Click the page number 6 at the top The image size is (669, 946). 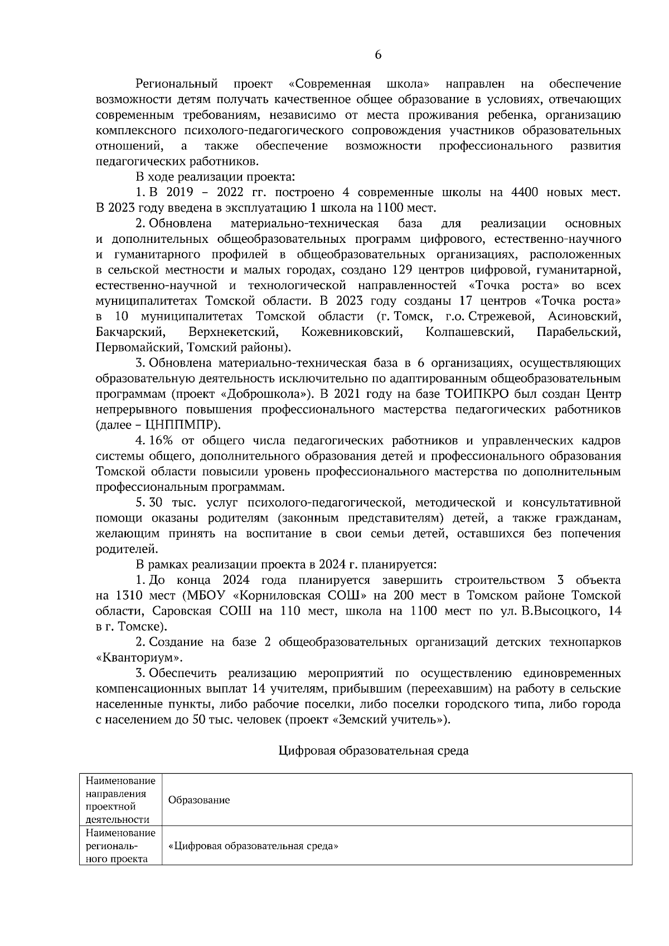[377, 55]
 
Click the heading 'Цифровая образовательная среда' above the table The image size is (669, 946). [373, 750]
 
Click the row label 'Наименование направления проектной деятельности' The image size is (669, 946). [120, 800]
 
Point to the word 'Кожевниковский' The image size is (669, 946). [351, 332]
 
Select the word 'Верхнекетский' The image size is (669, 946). [233, 332]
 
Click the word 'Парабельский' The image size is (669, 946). [578, 332]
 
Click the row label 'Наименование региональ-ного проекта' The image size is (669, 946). [120, 846]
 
